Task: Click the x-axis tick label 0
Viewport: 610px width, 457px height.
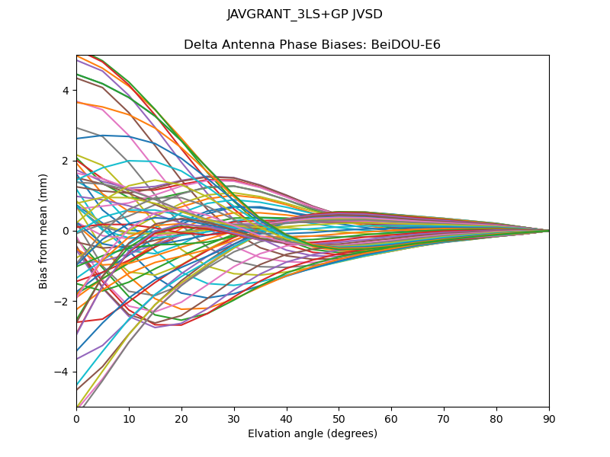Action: [x=76, y=418]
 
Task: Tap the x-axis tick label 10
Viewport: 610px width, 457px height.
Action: [x=129, y=418]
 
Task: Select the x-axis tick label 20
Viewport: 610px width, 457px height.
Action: [x=181, y=418]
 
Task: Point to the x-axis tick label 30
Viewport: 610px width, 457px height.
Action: [x=234, y=418]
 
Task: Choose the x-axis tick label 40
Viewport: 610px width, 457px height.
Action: [x=287, y=418]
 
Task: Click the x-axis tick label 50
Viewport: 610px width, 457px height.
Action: [x=339, y=418]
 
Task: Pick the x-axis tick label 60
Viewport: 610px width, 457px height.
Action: [x=391, y=418]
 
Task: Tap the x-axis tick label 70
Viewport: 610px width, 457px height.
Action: [x=444, y=418]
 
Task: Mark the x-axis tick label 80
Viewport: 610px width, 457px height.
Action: [x=496, y=418]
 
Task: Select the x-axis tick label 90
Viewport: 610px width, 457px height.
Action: [x=549, y=418]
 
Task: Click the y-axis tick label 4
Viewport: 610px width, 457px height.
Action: [x=66, y=91]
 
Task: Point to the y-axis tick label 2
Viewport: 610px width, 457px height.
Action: [x=66, y=161]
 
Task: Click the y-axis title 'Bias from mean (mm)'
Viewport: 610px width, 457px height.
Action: [x=44, y=231]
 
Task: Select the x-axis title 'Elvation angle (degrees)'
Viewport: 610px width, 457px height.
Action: [x=313, y=434]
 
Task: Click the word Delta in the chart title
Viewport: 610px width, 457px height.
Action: [x=200, y=45]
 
